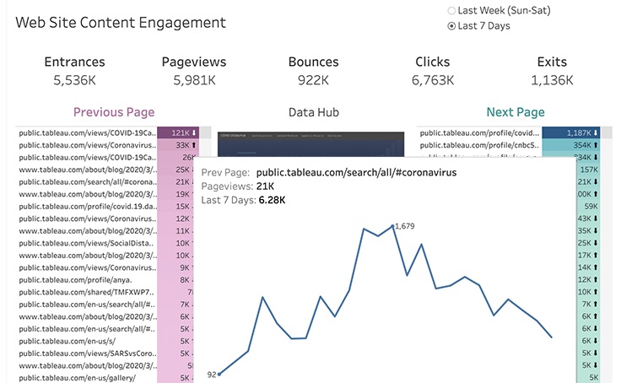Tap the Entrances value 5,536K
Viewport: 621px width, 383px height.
click(74, 80)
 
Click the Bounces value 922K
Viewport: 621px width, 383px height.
click(313, 80)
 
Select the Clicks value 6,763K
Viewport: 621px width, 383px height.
click(432, 80)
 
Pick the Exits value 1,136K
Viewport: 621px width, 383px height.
click(552, 80)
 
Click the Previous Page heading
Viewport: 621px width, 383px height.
click(114, 112)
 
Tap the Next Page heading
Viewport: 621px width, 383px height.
click(515, 112)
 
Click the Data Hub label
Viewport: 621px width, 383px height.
click(313, 112)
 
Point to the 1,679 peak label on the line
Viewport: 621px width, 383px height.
click(405, 226)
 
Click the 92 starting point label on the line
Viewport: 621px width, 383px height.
click(211, 374)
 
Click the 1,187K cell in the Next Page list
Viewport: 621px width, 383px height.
click(573, 133)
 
